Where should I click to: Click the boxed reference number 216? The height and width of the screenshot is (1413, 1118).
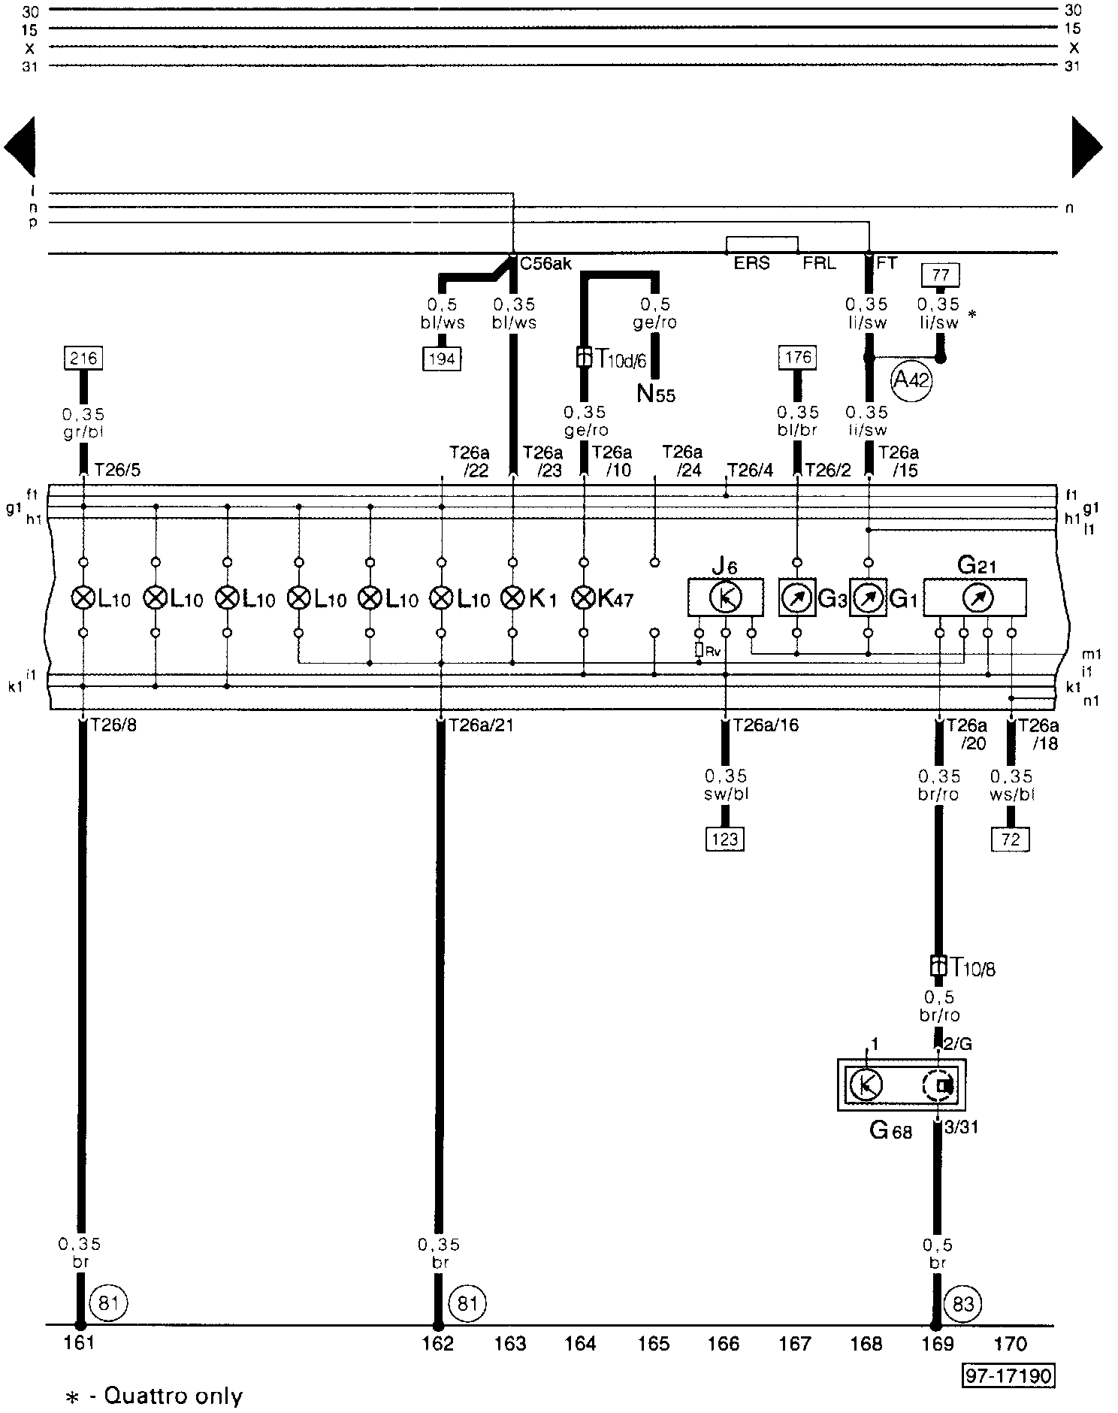pyautogui.click(x=83, y=359)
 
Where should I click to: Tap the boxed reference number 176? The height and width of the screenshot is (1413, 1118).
pyautogui.click(x=797, y=357)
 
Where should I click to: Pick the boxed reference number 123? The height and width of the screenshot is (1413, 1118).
pyautogui.click(x=725, y=838)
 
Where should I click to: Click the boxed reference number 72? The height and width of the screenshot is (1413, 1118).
pyautogui.click(x=1011, y=838)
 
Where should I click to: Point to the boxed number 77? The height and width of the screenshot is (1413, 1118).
pyautogui.click(x=940, y=276)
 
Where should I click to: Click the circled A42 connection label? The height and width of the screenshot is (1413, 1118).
pyautogui.click(x=911, y=381)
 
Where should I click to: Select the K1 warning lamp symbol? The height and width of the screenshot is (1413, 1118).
pyautogui.click(x=512, y=598)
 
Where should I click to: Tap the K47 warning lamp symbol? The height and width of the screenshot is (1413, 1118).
pyautogui.click(x=584, y=598)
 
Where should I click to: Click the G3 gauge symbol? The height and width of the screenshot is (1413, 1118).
pyautogui.click(x=797, y=598)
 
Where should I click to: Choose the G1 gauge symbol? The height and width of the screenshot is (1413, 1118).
pyautogui.click(x=869, y=598)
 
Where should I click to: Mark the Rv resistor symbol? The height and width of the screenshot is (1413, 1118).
pyautogui.click(x=700, y=650)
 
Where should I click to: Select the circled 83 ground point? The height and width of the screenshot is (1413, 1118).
pyautogui.click(x=962, y=1303)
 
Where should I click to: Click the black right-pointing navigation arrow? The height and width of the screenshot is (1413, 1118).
pyautogui.click(x=1086, y=147)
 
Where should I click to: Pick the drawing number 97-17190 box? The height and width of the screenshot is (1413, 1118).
pyautogui.click(x=1009, y=1375)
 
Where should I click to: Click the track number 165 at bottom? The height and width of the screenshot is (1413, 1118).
pyautogui.click(x=653, y=1343)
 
